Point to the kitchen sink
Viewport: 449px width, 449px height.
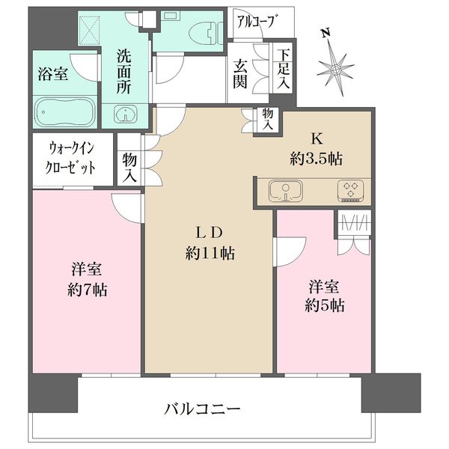click(284, 191)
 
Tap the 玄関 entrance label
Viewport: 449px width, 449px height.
click(239, 73)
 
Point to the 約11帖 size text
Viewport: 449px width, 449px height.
click(210, 254)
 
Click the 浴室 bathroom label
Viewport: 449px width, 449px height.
click(52, 74)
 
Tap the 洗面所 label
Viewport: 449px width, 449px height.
click(125, 69)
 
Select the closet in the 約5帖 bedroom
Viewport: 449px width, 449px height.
click(352, 233)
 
